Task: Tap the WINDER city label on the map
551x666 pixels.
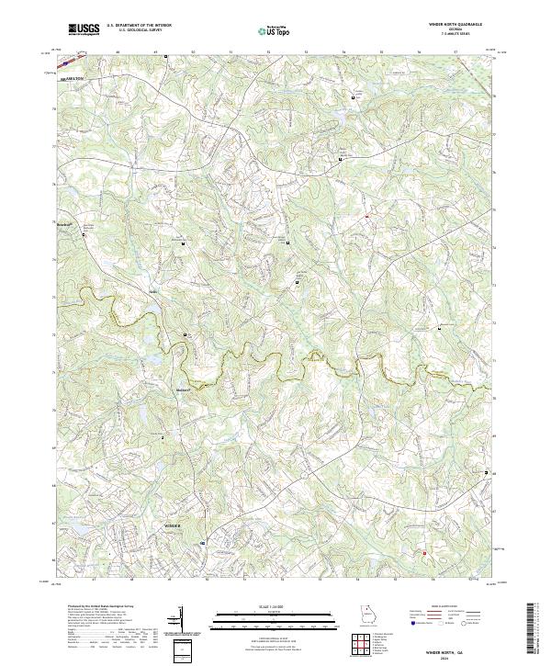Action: tap(174, 525)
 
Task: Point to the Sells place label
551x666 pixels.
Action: tap(154, 293)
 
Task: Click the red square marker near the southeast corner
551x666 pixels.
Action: tap(424, 552)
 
